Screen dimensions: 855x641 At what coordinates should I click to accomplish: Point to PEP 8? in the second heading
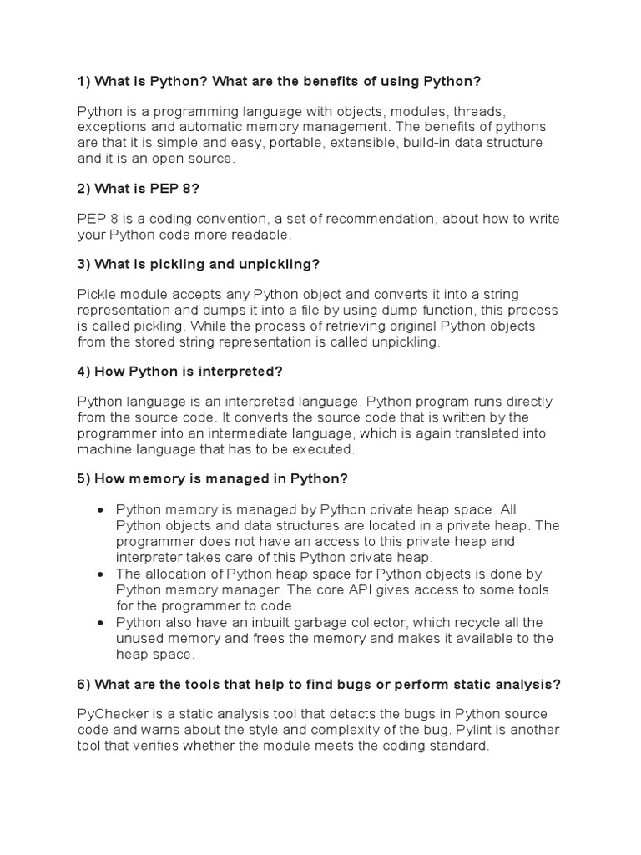click(x=170, y=189)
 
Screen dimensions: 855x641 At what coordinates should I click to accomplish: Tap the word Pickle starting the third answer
click(x=98, y=294)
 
